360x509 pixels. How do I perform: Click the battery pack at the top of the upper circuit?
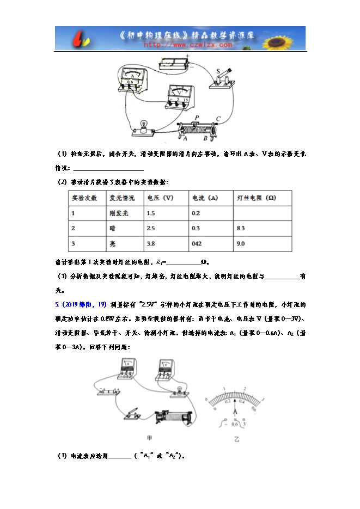pos(175,63)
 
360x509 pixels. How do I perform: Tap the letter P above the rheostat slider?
pos(197,118)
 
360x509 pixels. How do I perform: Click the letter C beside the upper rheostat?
pos(218,118)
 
